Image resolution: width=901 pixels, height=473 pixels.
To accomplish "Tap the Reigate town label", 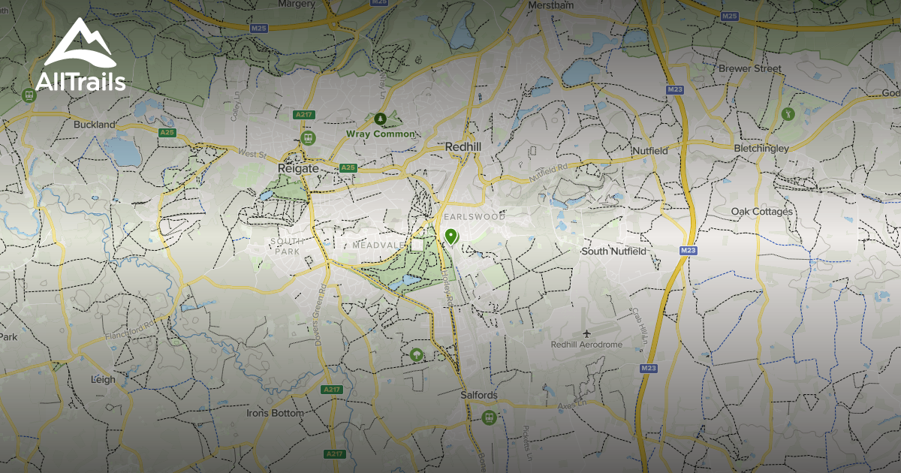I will pyautogui.click(x=298, y=168).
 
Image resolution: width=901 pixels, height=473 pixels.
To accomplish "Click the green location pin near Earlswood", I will pyautogui.click(x=450, y=236).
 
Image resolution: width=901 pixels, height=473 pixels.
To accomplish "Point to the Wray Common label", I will pyautogui.click(x=380, y=134).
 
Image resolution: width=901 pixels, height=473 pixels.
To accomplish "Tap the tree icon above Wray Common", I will pyautogui.click(x=380, y=119).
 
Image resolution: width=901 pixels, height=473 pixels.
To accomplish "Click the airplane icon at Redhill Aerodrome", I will pyautogui.click(x=586, y=333).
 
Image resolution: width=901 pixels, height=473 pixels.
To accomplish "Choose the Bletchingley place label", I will pyautogui.click(x=761, y=149).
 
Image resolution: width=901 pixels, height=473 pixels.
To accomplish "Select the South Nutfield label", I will pyautogui.click(x=613, y=251).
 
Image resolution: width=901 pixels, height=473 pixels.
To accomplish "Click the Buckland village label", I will pyautogui.click(x=95, y=125).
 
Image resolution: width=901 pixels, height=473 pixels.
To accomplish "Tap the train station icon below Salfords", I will pyautogui.click(x=490, y=417).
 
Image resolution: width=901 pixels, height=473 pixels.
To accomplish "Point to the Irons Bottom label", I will pyautogui.click(x=276, y=413).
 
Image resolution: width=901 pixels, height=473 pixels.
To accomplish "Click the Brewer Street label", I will pyautogui.click(x=750, y=68).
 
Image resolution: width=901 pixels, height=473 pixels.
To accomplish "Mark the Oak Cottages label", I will pyautogui.click(x=761, y=212).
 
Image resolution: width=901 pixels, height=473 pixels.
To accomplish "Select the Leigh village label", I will pyautogui.click(x=103, y=379).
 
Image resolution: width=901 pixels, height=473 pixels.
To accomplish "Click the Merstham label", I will pyautogui.click(x=550, y=5).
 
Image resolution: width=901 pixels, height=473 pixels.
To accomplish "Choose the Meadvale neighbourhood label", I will pyautogui.click(x=378, y=246).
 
